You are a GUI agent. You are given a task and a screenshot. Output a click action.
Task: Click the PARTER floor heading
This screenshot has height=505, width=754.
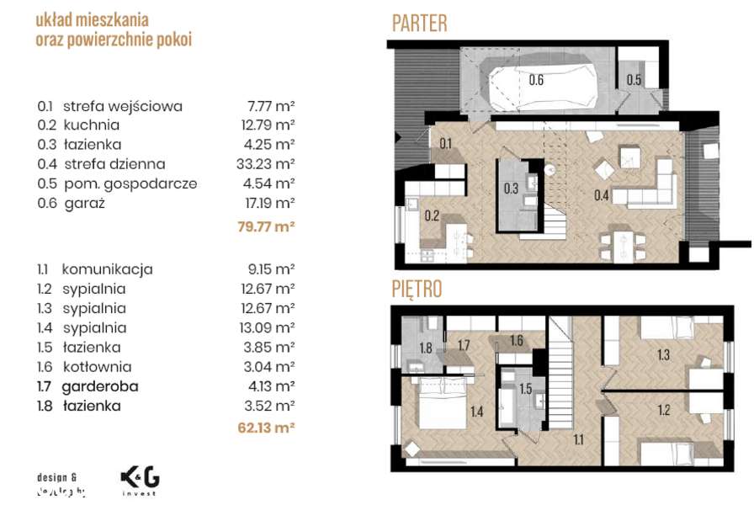click(x=420, y=24)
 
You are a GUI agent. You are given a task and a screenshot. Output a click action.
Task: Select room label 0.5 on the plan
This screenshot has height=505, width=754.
click(x=634, y=80)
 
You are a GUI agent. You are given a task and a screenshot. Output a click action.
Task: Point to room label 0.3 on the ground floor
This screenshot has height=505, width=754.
click(x=511, y=189)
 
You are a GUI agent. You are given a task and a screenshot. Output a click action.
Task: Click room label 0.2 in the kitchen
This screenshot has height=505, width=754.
click(x=432, y=215)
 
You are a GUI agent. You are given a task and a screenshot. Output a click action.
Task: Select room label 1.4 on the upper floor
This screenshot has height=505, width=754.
click(x=476, y=412)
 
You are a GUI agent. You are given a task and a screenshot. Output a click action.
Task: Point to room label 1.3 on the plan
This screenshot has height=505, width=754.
click(x=663, y=355)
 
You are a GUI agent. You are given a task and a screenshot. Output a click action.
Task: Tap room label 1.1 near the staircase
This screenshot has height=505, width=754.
click(x=580, y=439)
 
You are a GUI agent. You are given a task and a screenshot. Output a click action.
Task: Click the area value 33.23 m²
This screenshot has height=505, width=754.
click(x=266, y=164)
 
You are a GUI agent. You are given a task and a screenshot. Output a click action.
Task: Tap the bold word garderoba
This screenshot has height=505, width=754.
click(x=100, y=386)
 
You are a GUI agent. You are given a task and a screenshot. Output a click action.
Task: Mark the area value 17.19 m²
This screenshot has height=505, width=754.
click(x=266, y=203)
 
